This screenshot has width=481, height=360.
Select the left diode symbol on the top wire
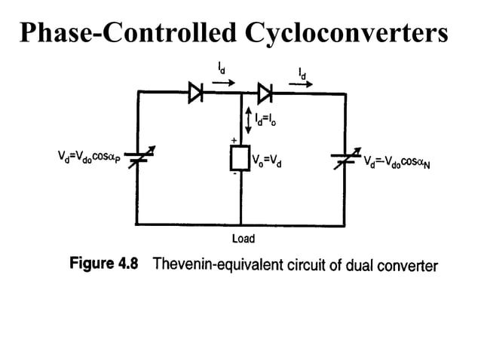[195, 94]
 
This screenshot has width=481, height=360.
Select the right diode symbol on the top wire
[264, 94]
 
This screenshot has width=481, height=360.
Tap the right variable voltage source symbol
[346, 160]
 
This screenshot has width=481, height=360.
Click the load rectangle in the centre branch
[240, 160]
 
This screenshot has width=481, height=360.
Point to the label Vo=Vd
[268, 161]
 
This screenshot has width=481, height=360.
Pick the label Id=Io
[271, 118]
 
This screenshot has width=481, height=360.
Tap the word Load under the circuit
[243, 239]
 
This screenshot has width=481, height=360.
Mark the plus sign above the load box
[233, 141]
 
